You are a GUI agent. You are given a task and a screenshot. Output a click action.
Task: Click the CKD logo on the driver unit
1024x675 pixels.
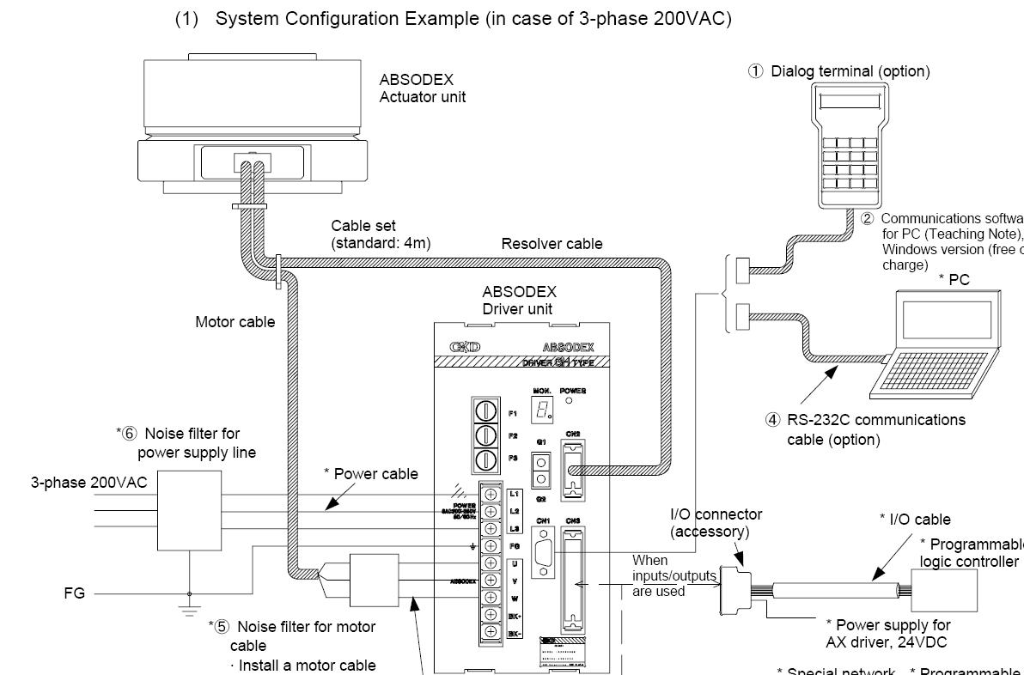pyautogui.click(x=465, y=347)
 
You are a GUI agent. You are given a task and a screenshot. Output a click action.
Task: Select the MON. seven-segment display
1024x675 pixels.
pyautogui.click(x=543, y=410)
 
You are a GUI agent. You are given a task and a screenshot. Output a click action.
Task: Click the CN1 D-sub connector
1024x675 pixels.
pyautogui.click(x=543, y=550)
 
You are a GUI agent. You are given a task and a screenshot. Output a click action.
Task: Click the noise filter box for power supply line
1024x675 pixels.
pyautogui.click(x=189, y=511)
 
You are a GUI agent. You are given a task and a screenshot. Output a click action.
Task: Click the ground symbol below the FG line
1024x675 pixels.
pyautogui.click(x=190, y=611)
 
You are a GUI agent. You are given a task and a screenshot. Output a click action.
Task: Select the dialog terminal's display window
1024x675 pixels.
pyautogui.click(x=850, y=102)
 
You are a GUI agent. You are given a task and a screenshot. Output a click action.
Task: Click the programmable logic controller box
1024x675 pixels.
pyautogui.click(x=944, y=592)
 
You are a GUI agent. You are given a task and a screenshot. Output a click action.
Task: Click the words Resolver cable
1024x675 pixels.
pyautogui.click(x=552, y=244)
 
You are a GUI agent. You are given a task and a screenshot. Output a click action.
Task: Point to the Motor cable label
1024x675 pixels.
pyautogui.click(x=235, y=322)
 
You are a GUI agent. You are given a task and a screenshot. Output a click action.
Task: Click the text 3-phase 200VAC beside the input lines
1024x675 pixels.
pyautogui.click(x=88, y=483)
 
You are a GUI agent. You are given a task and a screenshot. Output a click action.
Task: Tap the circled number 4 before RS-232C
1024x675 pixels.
pyautogui.click(x=772, y=421)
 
